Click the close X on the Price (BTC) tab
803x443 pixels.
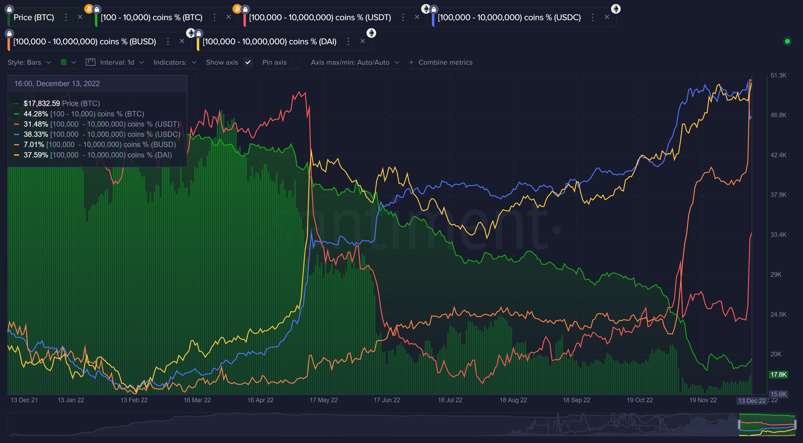(80, 17)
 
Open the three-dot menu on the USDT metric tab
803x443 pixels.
(403, 17)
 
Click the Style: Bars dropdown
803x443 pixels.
(29, 63)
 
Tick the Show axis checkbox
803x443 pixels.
(248, 63)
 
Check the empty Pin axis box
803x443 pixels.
(297, 63)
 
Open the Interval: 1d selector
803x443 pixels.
(115, 63)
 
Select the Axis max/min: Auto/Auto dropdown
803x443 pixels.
(354, 63)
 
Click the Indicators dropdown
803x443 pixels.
(175, 63)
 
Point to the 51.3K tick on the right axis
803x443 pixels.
(778, 75)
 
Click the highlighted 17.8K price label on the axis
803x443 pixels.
(778, 374)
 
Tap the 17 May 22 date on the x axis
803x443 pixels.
(323, 400)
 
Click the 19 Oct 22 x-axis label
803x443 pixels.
(639, 400)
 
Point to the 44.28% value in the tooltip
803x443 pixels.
(36, 114)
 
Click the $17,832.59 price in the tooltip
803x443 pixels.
(42, 103)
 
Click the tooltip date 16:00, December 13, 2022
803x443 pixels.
(57, 84)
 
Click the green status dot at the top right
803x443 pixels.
(787, 41)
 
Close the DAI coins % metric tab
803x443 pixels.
(362, 41)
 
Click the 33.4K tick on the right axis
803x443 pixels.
(778, 235)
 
